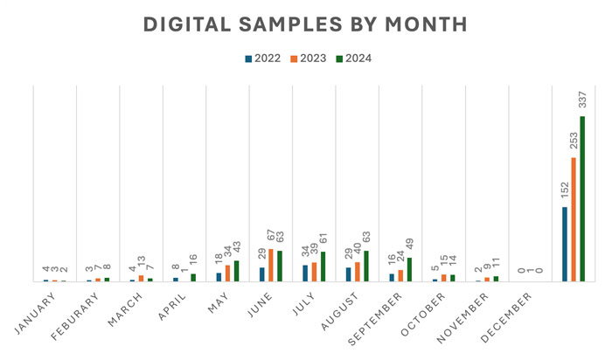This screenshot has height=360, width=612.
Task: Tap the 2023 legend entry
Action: [x=308, y=59]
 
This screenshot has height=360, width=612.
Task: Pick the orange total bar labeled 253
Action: [x=573, y=219]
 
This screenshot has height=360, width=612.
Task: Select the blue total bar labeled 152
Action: [x=564, y=244]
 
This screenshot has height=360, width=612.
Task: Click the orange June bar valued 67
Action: [x=270, y=265]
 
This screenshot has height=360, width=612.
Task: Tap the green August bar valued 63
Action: [x=365, y=266]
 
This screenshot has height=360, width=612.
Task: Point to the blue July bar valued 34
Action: [x=304, y=273]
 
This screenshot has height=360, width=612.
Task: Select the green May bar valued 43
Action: [x=236, y=271]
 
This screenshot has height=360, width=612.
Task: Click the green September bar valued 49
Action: [x=408, y=269]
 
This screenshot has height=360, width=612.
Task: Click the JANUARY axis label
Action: [x=36, y=312]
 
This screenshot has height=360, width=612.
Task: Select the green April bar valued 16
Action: [x=193, y=277]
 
